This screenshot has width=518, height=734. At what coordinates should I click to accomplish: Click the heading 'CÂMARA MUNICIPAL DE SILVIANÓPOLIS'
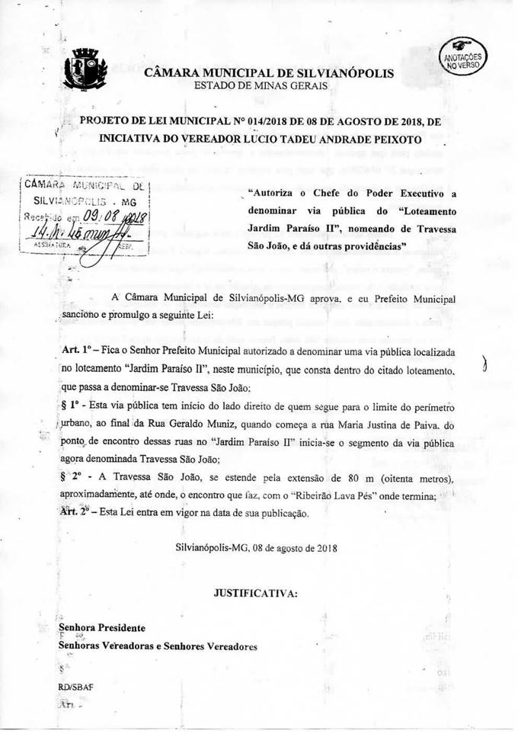[x=269, y=73]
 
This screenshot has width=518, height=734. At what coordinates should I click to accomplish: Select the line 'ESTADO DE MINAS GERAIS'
[x=261, y=86]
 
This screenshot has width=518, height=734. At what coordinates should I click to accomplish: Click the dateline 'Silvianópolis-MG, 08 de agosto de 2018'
[x=256, y=547]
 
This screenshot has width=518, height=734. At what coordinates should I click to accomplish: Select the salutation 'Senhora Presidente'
[x=101, y=627]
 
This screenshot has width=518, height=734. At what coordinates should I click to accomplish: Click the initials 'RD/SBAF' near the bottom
[x=75, y=687]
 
